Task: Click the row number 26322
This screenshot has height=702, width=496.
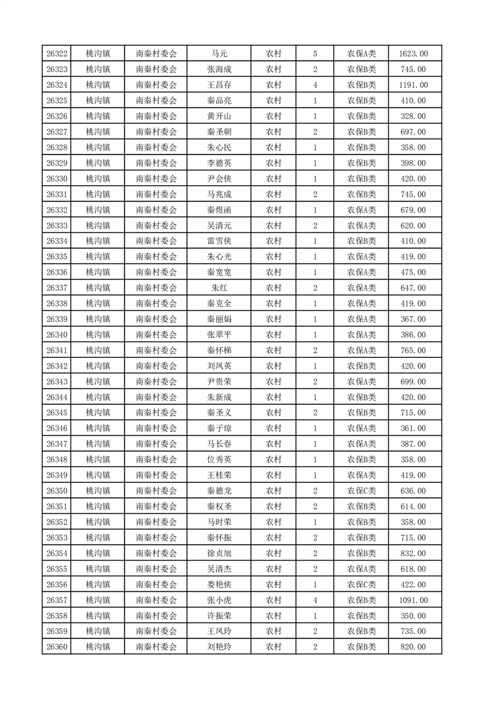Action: (x=57, y=54)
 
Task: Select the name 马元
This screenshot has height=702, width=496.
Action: (x=219, y=54)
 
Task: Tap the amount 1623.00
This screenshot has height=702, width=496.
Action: (x=413, y=54)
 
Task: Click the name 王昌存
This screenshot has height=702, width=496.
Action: (x=219, y=85)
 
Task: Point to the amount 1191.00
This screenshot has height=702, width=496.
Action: (x=413, y=85)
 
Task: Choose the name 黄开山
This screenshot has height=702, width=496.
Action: (x=219, y=116)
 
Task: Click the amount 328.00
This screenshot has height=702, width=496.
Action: (x=413, y=116)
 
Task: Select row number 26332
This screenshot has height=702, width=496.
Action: (x=57, y=210)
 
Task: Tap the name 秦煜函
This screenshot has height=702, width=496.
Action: (x=219, y=210)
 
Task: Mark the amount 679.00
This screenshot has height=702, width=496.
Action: (x=413, y=210)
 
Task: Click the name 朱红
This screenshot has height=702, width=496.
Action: (x=219, y=288)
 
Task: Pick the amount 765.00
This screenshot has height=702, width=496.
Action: (x=413, y=350)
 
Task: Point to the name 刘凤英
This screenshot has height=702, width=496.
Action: (x=219, y=366)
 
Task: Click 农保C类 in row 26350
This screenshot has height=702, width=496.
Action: (x=362, y=491)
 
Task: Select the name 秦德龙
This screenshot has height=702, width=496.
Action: (x=219, y=491)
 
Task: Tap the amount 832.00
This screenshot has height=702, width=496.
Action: (x=413, y=553)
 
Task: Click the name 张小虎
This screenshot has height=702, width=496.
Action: (x=219, y=600)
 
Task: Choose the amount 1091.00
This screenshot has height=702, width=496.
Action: (x=413, y=600)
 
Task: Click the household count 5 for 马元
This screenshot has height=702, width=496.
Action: (x=315, y=54)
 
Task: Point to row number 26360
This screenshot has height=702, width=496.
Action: (x=57, y=647)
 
